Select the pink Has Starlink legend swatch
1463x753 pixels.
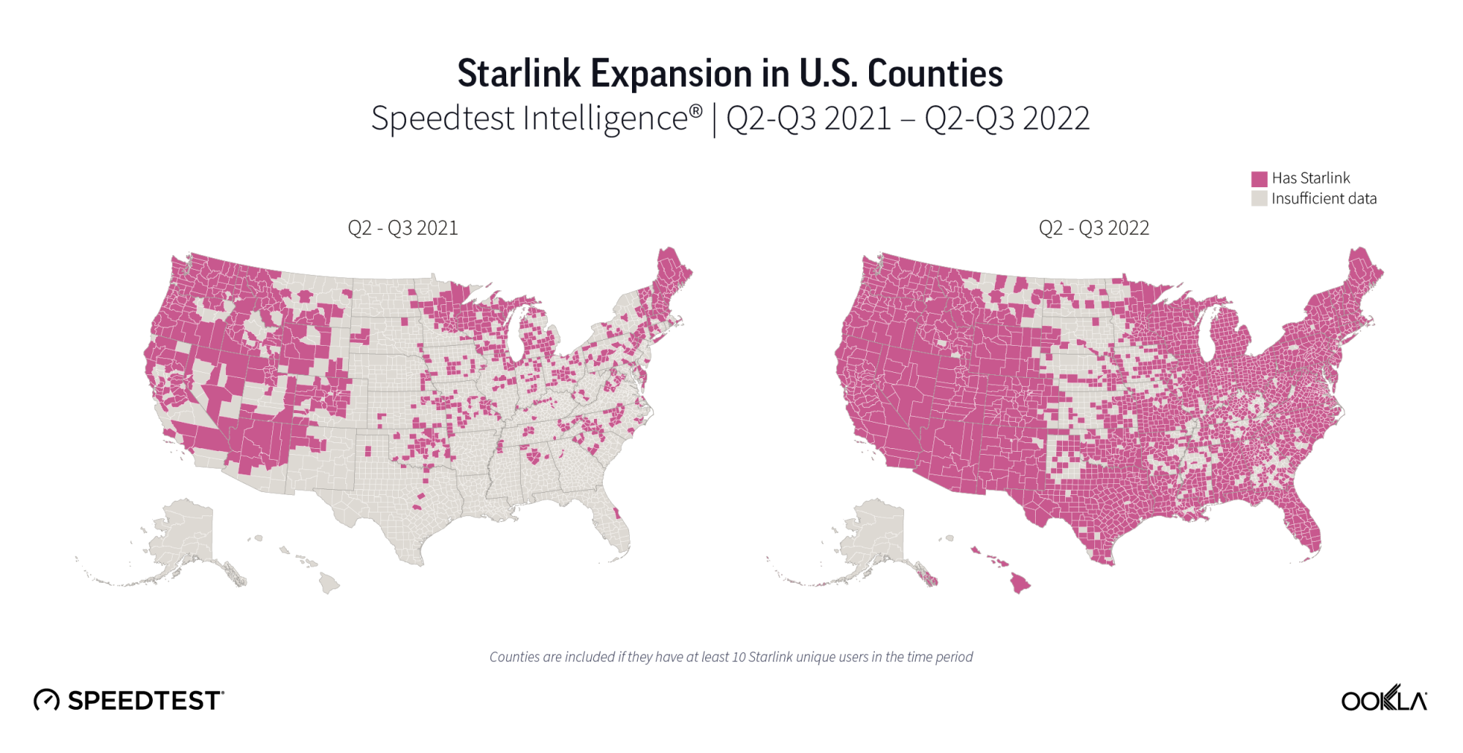[1259, 178]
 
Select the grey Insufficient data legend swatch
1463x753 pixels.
[1259, 199]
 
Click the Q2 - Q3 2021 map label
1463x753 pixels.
[402, 228]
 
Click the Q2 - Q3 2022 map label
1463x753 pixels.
[1094, 228]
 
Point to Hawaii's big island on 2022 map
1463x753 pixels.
[1020, 583]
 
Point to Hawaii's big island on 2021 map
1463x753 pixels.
[329, 583]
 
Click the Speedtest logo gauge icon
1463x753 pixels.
[46, 700]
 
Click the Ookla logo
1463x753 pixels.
[1383, 700]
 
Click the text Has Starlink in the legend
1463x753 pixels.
[1310, 178]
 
